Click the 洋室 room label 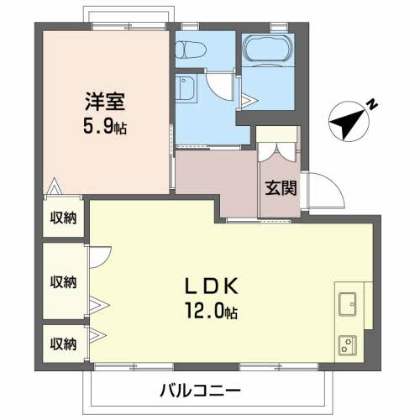[x=104, y=102]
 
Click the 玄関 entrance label [x=281, y=188]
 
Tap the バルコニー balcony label [x=201, y=391]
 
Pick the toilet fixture [x=188, y=51]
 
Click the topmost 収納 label [x=63, y=218]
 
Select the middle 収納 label [x=63, y=281]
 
